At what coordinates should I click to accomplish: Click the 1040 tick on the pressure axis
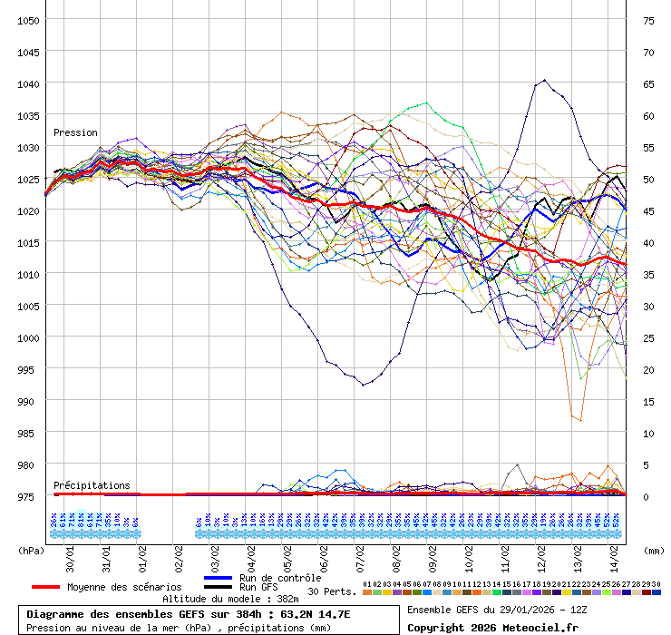point(28,83)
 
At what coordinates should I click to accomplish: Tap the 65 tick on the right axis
point(648,83)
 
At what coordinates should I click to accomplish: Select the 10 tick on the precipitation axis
point(648,433)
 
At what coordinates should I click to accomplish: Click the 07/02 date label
point(360,550)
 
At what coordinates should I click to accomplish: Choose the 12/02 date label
point(541,550)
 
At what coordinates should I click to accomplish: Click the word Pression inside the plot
point(75,132)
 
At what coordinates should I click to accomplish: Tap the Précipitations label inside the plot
point(92,485)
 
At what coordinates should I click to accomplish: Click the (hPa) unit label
point(31,550)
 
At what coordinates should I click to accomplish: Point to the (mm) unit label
point(653,550)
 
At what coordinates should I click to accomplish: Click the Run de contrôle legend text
point(279,578)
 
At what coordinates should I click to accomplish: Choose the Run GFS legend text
point(258,587)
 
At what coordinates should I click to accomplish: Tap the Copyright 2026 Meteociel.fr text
point(492,627)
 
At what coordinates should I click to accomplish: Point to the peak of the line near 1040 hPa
point(544,80)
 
